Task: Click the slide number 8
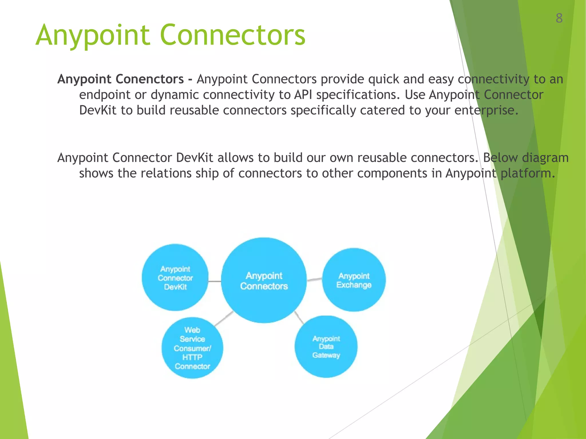[559, 18]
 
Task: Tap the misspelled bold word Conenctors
[150, 79]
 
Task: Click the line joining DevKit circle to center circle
[215, 282]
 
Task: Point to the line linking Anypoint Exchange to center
[314, 279]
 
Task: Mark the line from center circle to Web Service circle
[224, 319]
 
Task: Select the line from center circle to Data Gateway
[299, 317]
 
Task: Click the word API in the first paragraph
[303, 95]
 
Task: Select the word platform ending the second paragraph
[527, 173]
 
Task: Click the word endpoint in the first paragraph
[105, 95]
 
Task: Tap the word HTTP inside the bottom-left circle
[192, 357]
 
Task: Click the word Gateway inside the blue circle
[326, 355]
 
